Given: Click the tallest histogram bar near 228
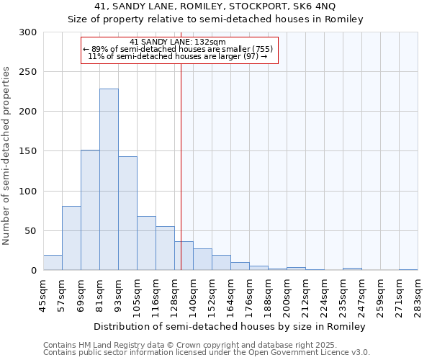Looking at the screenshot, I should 109,180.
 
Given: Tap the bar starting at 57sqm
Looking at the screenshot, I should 71,238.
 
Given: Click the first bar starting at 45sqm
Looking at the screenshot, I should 53,263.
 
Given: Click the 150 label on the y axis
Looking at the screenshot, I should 28,152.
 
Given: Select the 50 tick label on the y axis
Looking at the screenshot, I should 31,231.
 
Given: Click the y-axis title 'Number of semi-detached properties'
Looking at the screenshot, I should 6,156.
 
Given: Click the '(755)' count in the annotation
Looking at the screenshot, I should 261,49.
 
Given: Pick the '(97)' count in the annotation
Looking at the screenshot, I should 251,56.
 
